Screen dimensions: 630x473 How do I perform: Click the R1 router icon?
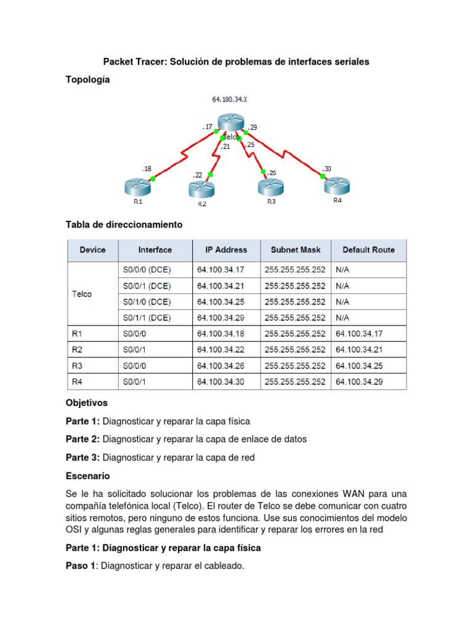[137, 186]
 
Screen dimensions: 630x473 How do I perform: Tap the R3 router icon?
[271, 186]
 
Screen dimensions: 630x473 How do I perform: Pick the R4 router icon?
[337, 185]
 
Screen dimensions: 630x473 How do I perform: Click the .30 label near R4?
[326, 169]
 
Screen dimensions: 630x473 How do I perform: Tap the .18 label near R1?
[146, 168]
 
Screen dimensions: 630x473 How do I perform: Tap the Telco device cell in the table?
[82, 294]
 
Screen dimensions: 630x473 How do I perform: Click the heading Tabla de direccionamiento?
[124, 225]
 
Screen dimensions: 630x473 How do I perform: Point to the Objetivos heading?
[86, 402]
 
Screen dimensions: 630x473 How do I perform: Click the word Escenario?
[87, 476]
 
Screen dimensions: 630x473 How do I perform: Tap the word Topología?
[87, 79]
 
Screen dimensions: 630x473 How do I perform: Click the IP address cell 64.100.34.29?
[222, 318]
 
